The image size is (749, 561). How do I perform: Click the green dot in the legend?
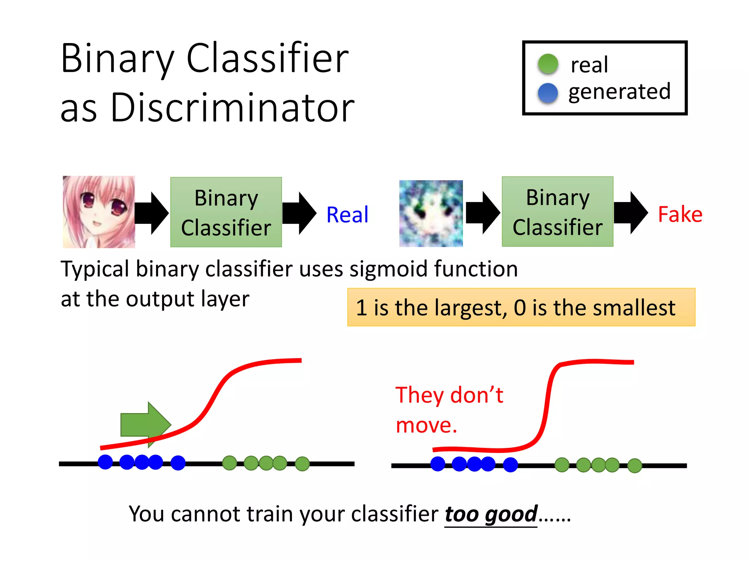(548, 64)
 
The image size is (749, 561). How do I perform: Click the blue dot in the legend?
(548, 93)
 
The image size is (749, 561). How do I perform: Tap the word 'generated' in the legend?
(620, 92)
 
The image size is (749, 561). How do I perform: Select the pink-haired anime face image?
(99, 212)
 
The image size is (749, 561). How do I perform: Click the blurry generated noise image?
(431, 213)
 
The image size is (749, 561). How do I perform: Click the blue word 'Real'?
(347, 214)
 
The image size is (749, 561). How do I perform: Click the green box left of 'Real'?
(226, 212)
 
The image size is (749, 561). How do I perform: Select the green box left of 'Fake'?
(557, 212)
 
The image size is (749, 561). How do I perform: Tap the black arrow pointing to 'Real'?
(299, 213)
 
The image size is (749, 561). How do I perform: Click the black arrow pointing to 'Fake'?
(631, 213)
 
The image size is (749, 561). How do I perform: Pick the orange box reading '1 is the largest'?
(521, 307)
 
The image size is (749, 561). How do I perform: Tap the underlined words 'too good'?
(491, 514)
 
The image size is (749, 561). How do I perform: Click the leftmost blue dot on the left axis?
(105, 462)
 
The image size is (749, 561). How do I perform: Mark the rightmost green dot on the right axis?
(635, 466)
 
